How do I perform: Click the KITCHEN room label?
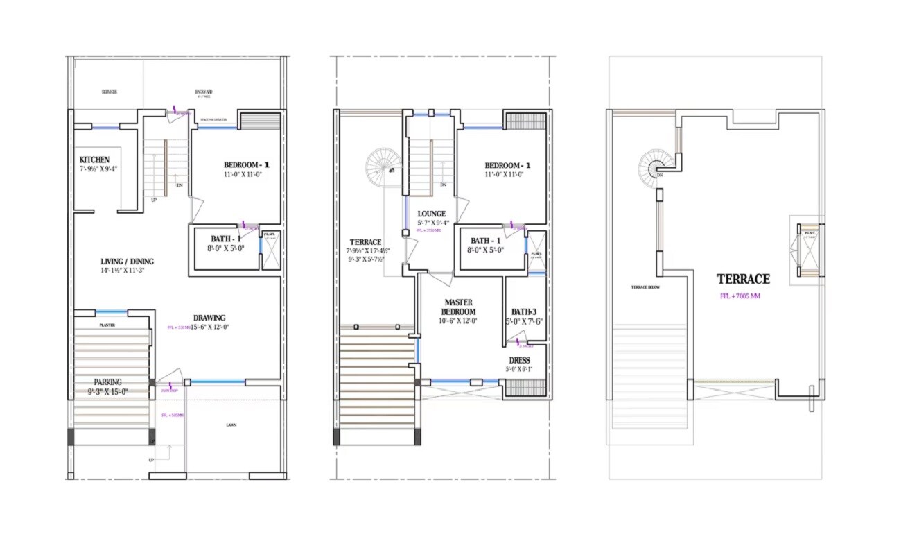click(x=94, y=160)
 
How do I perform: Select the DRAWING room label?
click(x=209, y=318)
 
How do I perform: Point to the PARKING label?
click(x=108, y=382)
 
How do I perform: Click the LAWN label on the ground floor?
click(x=230, y=425)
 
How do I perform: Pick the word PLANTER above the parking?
click(x=107, y=325)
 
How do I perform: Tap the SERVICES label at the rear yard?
click(x=109, y=92)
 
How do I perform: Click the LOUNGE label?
click(x=432, y=214)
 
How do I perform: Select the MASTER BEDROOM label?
click(x=458, y=307)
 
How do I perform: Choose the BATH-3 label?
click(x=524, y=311)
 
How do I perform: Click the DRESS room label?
click(x=519, y=360)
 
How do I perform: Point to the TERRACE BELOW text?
click(x=644, y=287)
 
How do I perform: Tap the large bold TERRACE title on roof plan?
click(x=743, y=279)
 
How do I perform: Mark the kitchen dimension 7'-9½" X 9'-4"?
click(x=98, y=169)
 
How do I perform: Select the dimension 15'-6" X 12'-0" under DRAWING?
click(x=206, y=327)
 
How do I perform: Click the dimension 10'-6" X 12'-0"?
click(x=458, y=321)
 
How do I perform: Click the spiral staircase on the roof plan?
click(x=653, y=169)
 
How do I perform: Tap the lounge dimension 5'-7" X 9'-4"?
click(x=433, y=223)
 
